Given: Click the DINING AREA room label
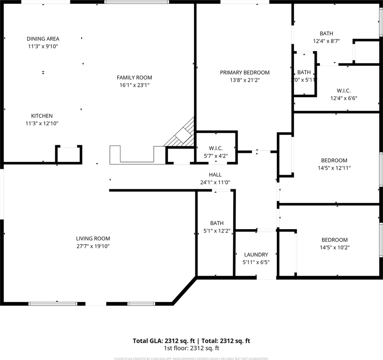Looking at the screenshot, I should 43,39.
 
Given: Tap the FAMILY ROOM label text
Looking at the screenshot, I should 134,78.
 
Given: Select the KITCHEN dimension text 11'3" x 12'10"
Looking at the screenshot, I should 42,123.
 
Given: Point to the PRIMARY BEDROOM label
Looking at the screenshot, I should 245,72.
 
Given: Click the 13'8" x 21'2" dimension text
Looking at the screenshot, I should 245,80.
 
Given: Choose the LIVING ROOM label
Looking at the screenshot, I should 93,238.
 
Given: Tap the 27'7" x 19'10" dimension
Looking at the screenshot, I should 93,246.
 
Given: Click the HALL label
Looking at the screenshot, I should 215,175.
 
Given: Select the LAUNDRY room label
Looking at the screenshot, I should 256,255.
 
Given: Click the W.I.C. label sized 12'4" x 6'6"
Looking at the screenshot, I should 343,91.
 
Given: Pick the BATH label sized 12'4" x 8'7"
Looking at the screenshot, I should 326,33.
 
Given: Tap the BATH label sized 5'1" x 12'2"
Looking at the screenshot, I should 216,223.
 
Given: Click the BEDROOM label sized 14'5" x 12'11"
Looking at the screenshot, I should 334,160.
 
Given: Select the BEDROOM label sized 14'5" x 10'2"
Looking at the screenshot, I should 334,240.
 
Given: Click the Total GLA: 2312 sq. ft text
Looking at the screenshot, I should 164,341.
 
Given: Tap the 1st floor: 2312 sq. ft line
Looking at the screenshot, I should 191,348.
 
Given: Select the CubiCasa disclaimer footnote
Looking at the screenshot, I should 191,358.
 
